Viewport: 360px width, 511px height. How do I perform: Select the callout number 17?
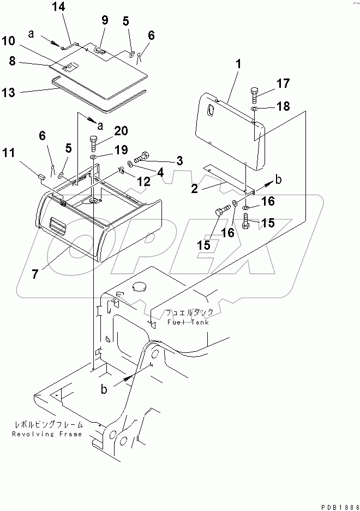coord(283,84)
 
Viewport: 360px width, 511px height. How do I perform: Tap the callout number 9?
coord(105,21)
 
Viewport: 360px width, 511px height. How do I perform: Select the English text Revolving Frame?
coord(47,434)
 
